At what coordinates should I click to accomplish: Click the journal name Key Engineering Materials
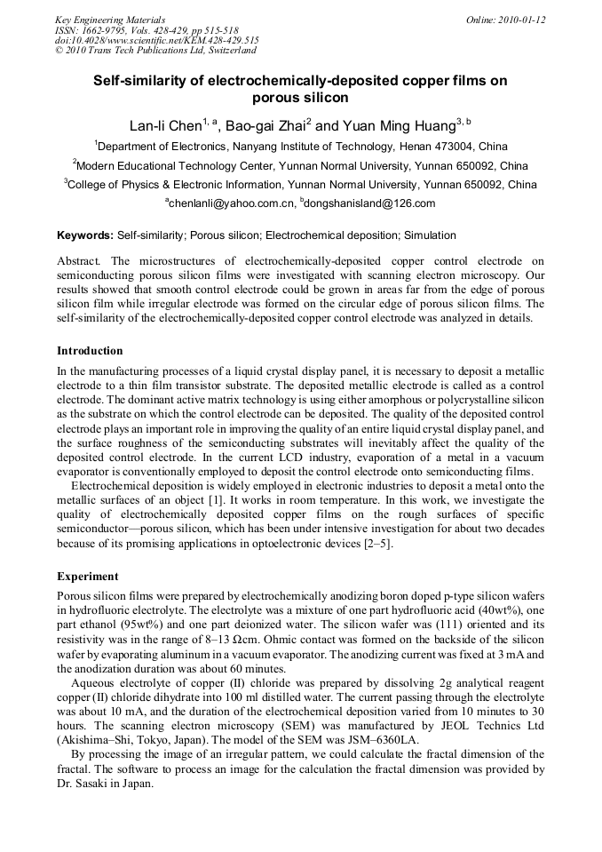point(110,20)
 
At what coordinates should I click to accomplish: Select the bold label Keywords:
point(85,235)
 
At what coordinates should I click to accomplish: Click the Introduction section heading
point(90,351)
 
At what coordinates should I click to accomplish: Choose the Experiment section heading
point(86,576)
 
